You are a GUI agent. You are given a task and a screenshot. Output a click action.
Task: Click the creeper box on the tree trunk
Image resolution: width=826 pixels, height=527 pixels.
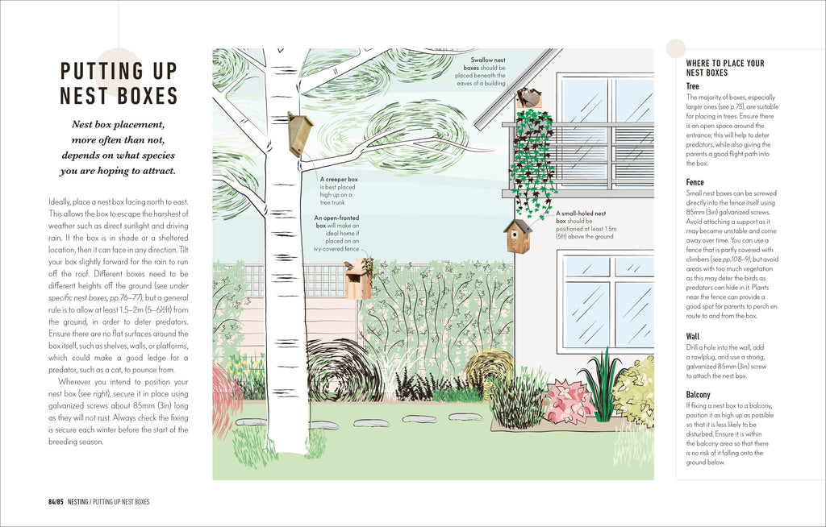300,133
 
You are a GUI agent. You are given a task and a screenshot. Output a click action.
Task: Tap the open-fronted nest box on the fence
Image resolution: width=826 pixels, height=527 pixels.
357,280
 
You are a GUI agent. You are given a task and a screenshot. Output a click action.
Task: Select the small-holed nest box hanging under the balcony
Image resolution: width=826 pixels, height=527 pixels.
518,236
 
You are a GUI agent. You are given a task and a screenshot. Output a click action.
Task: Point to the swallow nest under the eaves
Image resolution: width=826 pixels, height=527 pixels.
529,98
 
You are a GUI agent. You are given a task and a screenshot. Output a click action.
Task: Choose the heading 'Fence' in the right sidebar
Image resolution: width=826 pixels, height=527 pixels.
695,183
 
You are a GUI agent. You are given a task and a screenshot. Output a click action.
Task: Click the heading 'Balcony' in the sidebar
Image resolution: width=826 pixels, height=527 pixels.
699,395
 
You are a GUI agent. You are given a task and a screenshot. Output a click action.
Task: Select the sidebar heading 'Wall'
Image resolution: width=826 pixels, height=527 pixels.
693,337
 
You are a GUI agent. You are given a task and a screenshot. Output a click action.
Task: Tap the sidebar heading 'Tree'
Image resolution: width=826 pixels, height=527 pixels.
692,86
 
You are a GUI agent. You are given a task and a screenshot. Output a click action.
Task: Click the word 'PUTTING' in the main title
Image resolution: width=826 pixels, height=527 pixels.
118,71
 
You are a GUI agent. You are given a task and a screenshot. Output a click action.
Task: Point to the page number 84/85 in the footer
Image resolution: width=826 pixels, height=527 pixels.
55,502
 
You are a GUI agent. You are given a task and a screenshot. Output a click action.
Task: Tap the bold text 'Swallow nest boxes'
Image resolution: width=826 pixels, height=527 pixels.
487,63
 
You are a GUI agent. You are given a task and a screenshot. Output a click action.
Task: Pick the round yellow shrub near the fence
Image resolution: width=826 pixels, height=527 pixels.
487,367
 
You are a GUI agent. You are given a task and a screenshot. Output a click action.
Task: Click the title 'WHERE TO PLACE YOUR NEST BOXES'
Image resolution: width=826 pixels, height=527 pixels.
724,68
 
